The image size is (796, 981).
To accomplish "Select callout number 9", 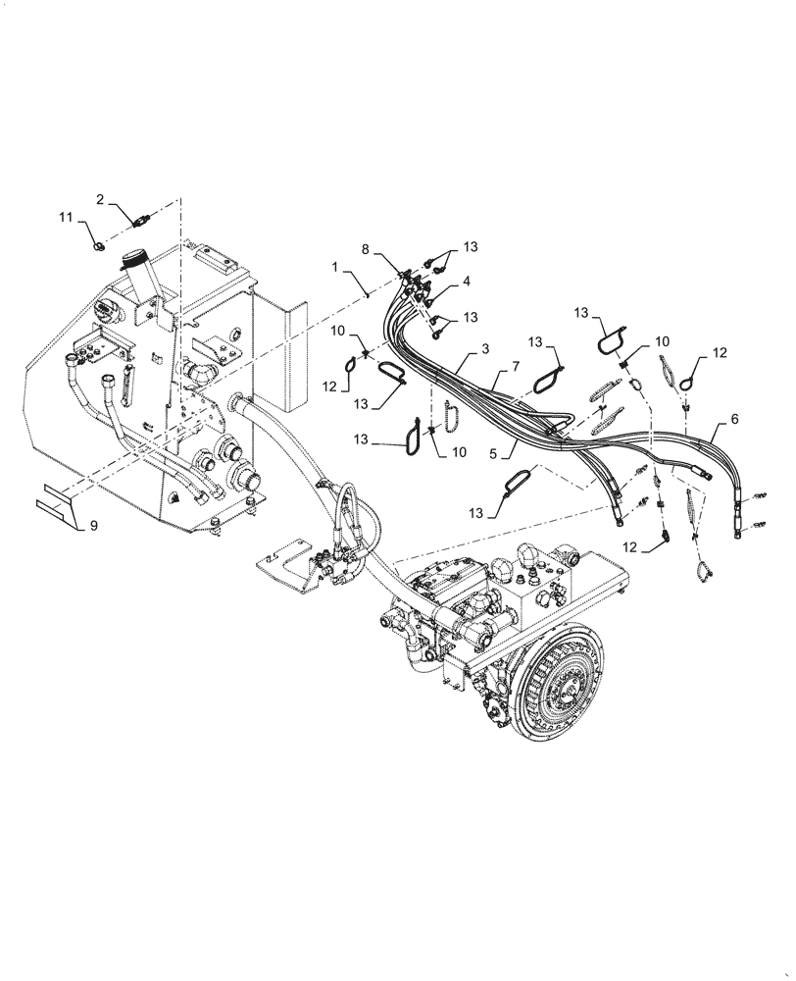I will pyautogui.click(x=93, y=527).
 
